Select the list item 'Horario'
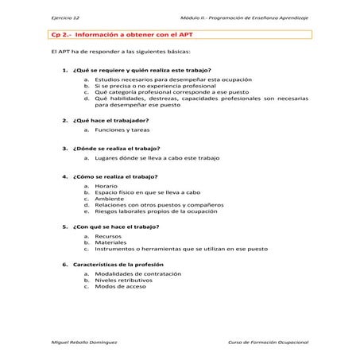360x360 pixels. click(x=106, y=185)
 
